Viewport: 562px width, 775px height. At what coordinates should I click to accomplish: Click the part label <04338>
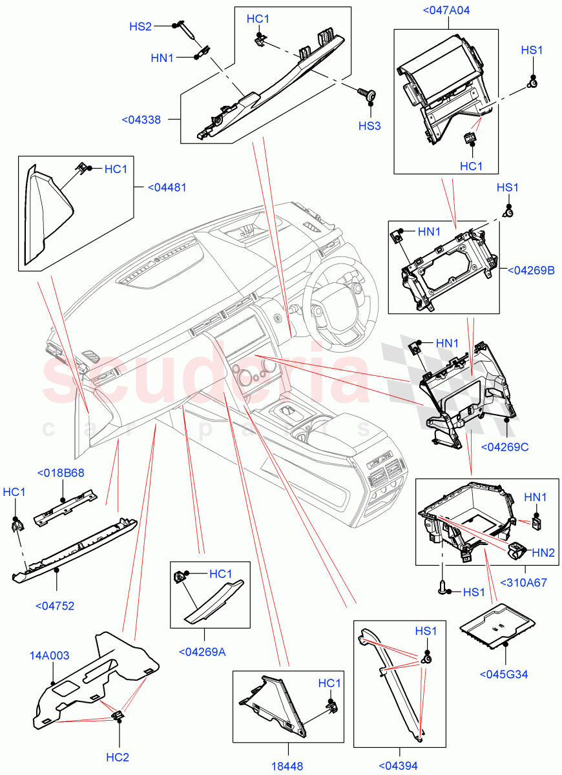pos(141,119)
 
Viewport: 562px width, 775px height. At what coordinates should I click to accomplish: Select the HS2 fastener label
pos(140,26)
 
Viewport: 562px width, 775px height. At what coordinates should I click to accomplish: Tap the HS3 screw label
pos(369,125)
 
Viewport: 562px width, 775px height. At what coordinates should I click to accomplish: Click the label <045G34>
pos(504,674)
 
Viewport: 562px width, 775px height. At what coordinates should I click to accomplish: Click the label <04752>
pos(54,606)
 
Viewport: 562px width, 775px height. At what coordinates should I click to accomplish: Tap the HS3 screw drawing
pos(369,94)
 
